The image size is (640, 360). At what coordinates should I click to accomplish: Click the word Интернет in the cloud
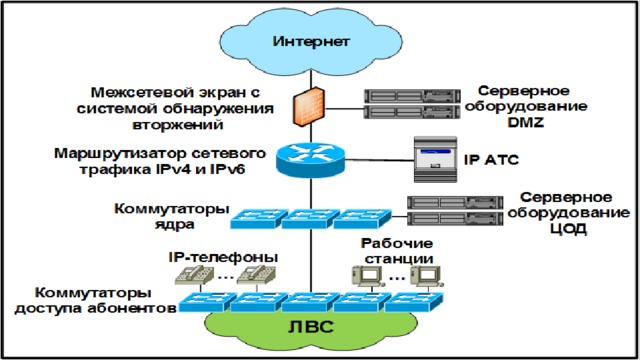[311, 42]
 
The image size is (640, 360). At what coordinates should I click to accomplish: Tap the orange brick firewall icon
[309, 106]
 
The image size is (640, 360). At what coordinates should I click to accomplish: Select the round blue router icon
[310, 159]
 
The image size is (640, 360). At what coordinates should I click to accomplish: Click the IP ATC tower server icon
[435, 159]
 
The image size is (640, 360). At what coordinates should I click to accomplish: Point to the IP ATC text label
[491, 160]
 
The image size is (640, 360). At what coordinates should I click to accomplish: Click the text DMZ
[526, 122]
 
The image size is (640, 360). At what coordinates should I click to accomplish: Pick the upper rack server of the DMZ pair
[412, 96]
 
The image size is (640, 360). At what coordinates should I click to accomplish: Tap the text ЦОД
[568, 229]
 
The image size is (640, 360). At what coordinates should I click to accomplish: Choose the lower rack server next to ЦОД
[455, 219]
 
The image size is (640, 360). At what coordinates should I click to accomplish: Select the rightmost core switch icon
[362, 219]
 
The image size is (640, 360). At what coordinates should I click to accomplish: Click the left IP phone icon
[195, 275]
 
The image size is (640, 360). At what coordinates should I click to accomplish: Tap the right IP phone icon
[256, 275]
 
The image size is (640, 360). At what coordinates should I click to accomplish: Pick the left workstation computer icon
[367, 276]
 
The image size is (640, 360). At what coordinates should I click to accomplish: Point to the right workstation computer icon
[427, 276]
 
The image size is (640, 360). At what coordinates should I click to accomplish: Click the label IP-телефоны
[223, 257]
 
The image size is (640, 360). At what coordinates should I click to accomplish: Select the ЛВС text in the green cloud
[311, 327]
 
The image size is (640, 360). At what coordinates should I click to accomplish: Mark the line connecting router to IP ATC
[380, 160]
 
